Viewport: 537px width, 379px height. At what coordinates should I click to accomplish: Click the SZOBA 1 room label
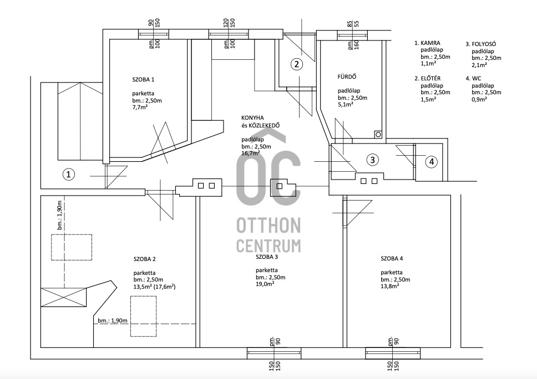coord(143,80)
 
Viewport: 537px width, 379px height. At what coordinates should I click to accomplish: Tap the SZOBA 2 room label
coord(145,259)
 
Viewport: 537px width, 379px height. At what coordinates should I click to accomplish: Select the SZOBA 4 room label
coord(392,259)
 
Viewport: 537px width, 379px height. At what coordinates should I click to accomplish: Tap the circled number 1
coord(68,175)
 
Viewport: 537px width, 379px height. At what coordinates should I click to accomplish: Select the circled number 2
coord(297,64)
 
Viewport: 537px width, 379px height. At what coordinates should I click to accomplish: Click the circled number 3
coord(373,160)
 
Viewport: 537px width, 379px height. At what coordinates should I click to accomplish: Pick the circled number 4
coord(432,161)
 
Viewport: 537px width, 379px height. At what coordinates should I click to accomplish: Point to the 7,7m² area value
coord(140,107)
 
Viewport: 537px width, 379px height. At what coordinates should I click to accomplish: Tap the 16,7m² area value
coord(251,153)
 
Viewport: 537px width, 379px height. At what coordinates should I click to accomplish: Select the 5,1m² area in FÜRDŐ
coord(346,104)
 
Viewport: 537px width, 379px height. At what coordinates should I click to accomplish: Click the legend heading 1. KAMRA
coord(427,43)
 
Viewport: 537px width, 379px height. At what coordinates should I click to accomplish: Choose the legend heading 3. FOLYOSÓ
coord(481,44)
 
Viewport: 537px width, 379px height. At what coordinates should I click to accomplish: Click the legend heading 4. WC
coord(473,79)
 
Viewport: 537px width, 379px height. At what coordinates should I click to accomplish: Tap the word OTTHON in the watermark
coord(268,225)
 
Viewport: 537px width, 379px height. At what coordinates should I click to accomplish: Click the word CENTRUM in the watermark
coord(268,245)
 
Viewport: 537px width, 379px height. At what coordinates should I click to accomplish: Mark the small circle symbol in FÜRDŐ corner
coord(378,135)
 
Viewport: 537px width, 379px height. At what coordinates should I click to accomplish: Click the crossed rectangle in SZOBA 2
coord(63,297)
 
